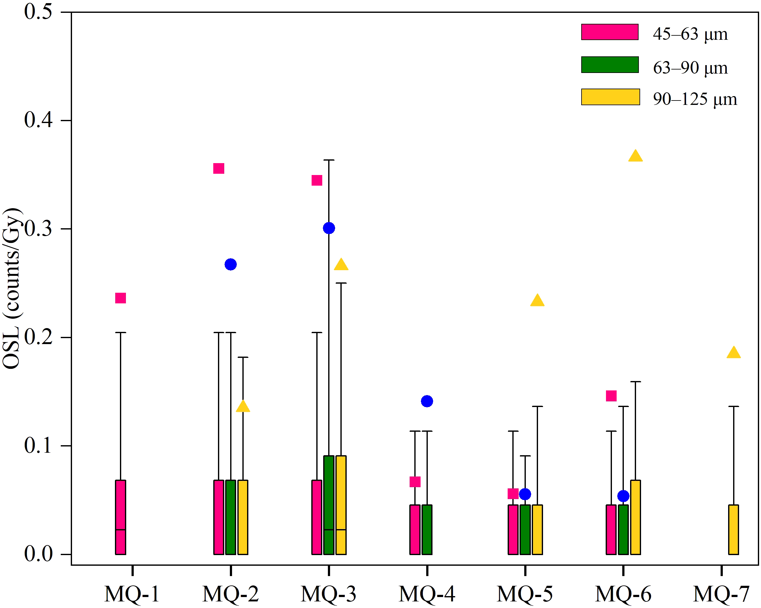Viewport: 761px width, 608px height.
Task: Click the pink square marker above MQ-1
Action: point(120,298)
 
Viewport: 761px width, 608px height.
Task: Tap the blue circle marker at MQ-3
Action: point(329,228)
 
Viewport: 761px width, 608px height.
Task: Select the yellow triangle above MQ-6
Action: point(635,156)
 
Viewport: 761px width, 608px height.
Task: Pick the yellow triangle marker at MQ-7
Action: point(733,353)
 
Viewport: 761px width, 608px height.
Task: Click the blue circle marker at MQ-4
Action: point(427,401)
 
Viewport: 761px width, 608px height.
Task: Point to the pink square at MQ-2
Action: point(219,169)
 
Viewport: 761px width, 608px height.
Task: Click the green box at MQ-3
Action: point(329,505)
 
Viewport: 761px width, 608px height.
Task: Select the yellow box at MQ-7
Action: point(733,529)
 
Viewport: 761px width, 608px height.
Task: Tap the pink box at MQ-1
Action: point(120,517)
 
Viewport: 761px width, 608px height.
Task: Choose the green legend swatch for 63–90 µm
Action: point(609,64)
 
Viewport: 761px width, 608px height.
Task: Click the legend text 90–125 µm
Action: point(695,99)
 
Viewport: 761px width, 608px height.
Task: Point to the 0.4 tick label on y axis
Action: point(38,120)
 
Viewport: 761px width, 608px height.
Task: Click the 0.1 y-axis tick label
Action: point(38,446)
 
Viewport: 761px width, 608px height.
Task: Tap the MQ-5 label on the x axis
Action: point(525,594)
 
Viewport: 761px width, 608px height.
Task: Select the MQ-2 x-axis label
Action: point(230,594)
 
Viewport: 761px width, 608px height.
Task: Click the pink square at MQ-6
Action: point(611,396)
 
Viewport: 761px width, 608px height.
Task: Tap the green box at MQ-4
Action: point(427,529)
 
